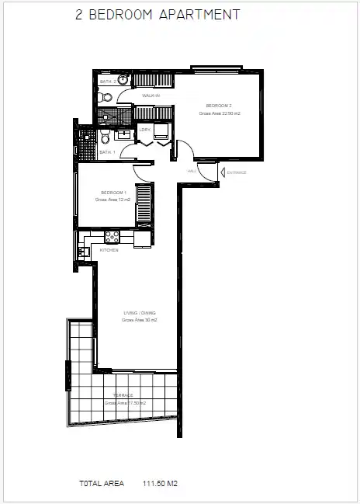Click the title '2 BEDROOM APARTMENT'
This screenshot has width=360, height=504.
tap(157, 15)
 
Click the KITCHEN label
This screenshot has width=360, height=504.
tap(109, 250)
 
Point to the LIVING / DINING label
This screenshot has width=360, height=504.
tap(140, 314)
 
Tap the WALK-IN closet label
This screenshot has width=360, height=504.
tap(151, 96)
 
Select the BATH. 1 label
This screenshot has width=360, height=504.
tap(107, 152)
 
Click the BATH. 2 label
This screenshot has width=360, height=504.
tap(108, 81)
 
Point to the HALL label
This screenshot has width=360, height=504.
tap(192, 171)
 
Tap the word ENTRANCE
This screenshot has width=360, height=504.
tap(236, 172)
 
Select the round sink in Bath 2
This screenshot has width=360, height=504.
tap(123, 79)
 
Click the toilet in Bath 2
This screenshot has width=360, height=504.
tap(106, 97)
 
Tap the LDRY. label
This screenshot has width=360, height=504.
tap(145, 130)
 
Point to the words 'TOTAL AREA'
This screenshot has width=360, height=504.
tap(102, 482)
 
